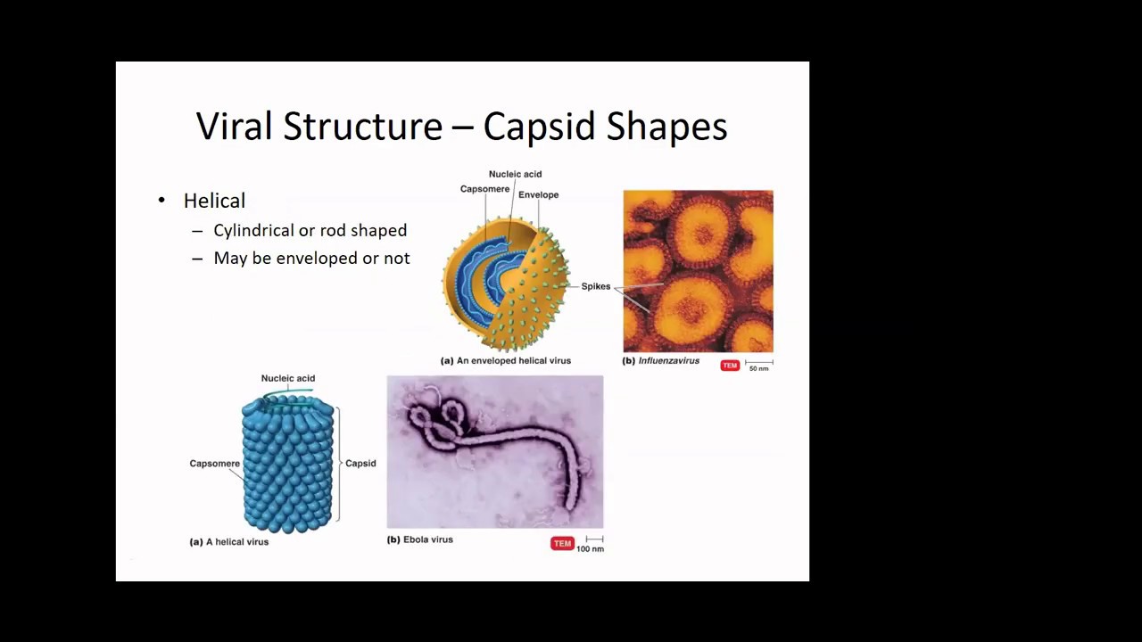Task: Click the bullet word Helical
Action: (214, 202)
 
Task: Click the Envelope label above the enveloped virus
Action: (538, 195)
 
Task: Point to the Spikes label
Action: (596, 286)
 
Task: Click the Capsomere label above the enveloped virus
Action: (484, 189)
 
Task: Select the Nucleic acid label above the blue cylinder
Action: (287, 378)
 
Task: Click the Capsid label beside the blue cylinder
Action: (360, 464)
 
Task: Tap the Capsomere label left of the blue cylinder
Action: (214, 464)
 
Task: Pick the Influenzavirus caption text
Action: (668, 361)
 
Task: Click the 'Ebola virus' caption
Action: (427, 539)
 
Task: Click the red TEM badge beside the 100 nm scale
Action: (562, 543)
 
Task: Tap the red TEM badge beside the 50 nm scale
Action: (730, 366)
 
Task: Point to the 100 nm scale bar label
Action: (590, 548)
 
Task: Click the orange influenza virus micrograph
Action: (698, 271)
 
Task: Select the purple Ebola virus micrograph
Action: (495, 452)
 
